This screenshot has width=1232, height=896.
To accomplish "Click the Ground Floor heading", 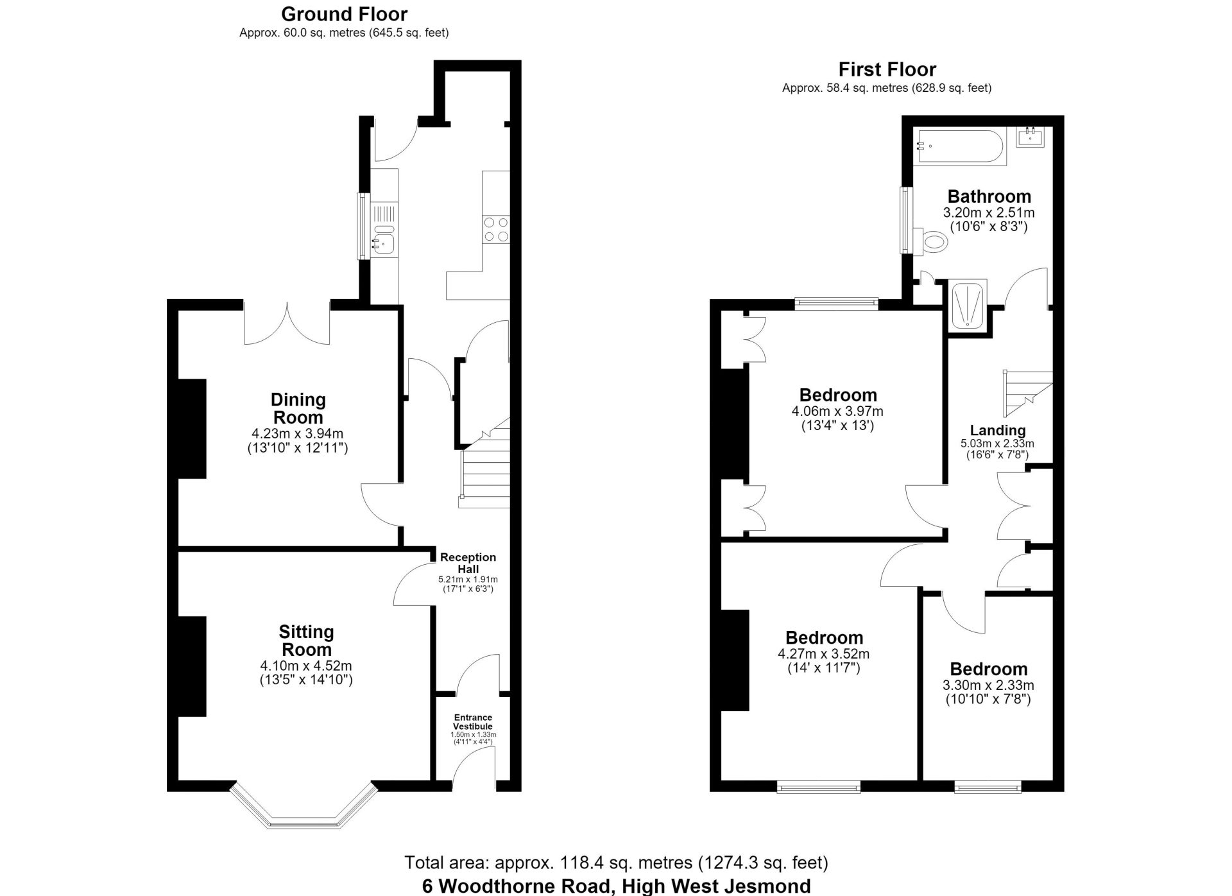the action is (x=344, y=14).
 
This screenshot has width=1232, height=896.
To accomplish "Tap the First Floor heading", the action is (x=887, y=69).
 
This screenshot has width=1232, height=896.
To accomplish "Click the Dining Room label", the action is (x=298, y=408).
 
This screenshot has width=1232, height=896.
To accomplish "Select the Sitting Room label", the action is (x=307, y=641).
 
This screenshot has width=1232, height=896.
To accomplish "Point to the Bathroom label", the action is (x=989, y=196).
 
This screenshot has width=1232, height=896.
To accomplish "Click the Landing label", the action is (x=998, y=430).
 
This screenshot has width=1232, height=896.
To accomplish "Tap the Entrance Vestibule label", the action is (x=474, y=721).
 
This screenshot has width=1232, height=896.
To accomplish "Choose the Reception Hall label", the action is (x=468, y=563).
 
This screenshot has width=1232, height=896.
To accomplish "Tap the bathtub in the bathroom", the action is (x=960, y=146).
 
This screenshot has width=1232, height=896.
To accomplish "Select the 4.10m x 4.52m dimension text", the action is (x=306, y=666).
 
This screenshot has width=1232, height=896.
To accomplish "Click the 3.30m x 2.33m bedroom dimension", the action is (x=988, y=685).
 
